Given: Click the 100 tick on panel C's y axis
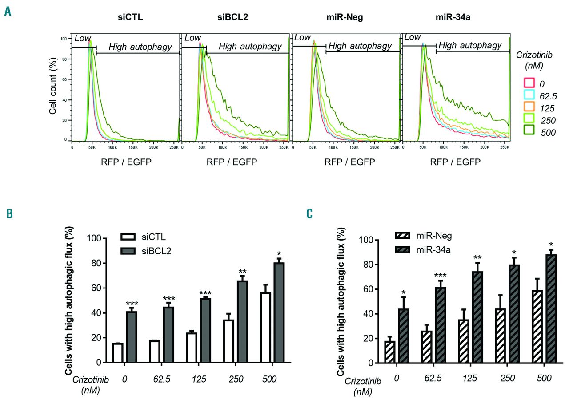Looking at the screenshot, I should tap(365, 240).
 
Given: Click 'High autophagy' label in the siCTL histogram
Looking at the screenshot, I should tap(140, 47).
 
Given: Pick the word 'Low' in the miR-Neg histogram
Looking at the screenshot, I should tap(302, 38).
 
